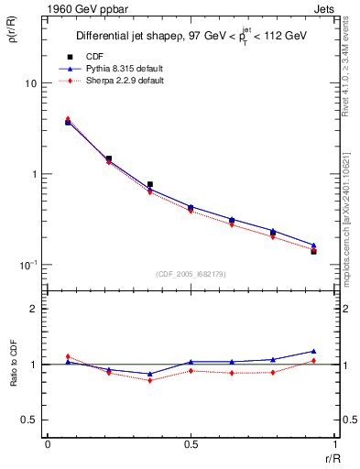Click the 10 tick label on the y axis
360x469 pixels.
29,83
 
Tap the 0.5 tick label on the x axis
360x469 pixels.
190,443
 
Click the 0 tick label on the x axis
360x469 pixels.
48,443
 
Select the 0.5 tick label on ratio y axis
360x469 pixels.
28,420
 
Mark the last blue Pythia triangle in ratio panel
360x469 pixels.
313,351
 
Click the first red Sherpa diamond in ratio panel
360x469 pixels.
67,356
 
